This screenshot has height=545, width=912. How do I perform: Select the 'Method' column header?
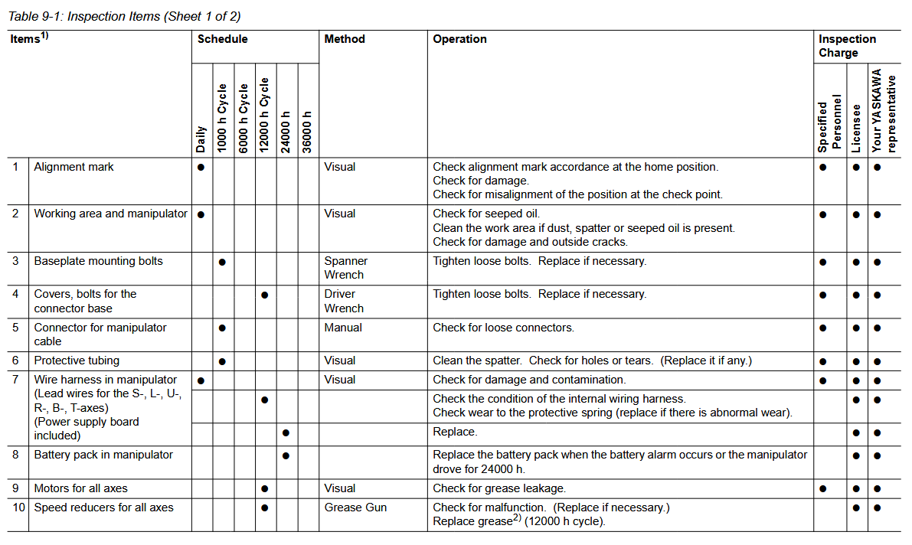(345, 39)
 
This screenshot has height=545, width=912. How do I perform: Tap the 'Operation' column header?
(459, 39)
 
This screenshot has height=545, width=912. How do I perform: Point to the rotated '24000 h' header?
(286, 132)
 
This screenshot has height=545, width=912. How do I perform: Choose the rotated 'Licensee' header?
(857, 128)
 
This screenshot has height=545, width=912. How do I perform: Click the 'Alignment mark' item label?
(74, 167)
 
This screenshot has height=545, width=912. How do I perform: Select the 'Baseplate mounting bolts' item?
(98, 261)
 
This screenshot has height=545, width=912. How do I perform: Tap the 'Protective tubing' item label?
(77, 361)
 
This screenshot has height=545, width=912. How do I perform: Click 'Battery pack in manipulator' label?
(103, 455)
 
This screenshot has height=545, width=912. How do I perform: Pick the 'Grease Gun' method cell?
(355, 507)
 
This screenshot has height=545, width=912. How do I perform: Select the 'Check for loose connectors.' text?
(503, 328)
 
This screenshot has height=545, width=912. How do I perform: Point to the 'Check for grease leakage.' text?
(499, 488)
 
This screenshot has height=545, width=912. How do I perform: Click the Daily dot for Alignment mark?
(201, 167)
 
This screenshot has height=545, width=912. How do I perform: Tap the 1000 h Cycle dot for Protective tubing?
(222, 361)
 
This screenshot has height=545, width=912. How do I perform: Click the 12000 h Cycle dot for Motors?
(264, 489)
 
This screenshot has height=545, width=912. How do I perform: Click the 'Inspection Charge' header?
(847, 46)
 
